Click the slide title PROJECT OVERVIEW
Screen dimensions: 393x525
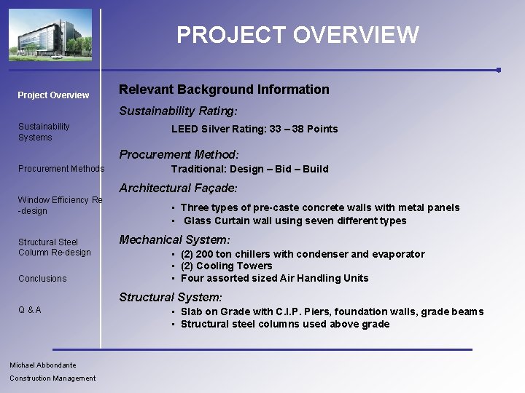297,35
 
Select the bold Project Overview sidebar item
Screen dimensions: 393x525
53,95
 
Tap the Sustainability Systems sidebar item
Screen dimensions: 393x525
44,132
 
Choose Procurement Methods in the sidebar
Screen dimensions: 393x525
61,169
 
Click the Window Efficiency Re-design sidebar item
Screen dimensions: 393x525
60,205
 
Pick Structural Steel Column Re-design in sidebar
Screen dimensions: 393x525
55,247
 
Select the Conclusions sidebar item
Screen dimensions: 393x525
42,279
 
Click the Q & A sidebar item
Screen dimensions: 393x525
30,310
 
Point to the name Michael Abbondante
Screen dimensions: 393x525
43,365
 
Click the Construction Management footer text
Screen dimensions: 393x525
52,378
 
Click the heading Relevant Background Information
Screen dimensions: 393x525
224,90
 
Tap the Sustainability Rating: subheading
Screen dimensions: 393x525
179,111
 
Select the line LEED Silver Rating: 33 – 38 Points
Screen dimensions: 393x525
254,130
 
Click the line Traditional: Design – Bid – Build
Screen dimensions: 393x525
249,169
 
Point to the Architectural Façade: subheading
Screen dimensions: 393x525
178,188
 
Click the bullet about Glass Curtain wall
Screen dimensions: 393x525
295,221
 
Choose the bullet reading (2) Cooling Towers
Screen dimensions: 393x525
226,266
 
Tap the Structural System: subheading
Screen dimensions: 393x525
171,298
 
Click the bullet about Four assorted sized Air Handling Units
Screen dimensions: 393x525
274,278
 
